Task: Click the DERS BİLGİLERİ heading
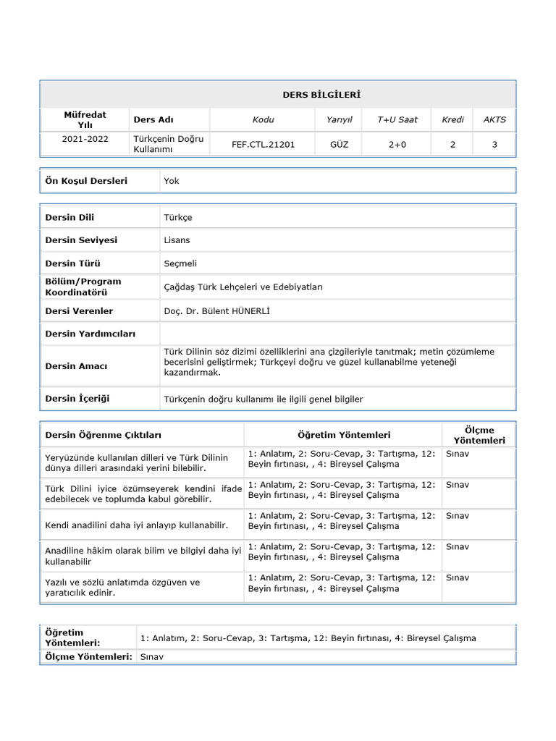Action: pyautogui.click(x=321, y=95)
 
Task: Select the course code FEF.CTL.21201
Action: pyautogui.click(x=263, y=144)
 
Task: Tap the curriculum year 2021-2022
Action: pyautogui.click(x=85, y=139)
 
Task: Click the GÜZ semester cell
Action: pyautogui.click(x=339, y=144)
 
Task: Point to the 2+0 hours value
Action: pyautogui.click(x=397, y=144)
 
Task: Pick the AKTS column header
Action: pyautogui.click(x=494, y=119)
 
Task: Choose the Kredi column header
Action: pyautogui.click(x=452, y=119)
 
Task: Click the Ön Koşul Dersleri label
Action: pyautogui.click(x=86, y=181)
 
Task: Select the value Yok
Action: pyautogui.click(x=172, y=181)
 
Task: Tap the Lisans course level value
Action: pyautogui.click(x=177, y=240)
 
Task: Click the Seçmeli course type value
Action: pyautogui.click(x=180, y=263)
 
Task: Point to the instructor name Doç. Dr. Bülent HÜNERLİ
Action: pyautogui.click(x=220, y=311)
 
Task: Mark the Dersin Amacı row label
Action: pyautogui.click(x=76, y=366)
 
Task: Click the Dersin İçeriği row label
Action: pyautogui.click(x=77, y=399)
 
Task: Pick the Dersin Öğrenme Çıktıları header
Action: pyautogui.click(x=103, y=435)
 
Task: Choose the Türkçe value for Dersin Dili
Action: pyautogui.click(x=178, y=217)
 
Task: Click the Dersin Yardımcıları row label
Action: pyautogui.click(x=90, y=334)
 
